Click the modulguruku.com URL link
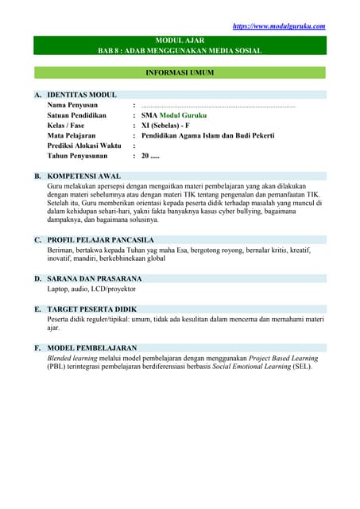[278, 26]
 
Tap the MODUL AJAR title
[180, 40]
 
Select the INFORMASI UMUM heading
[180, 72]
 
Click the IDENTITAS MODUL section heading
[82, 94]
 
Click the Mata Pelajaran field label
[74, 136]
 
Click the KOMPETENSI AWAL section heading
[84, 175]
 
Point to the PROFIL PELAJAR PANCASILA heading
[100, 239]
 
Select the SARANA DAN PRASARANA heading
[95, 279]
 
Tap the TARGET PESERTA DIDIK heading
[92, 309]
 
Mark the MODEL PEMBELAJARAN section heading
[92, 348]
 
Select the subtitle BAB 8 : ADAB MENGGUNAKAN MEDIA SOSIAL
[180, 50]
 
